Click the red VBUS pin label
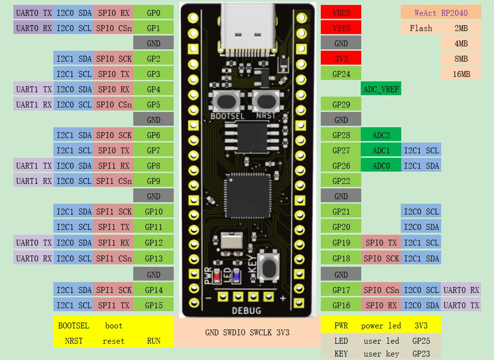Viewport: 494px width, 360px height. (341, 13)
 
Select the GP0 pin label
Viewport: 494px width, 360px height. (153, 13)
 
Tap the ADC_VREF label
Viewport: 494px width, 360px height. (381, 89)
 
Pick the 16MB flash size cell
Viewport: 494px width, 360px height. (461, 74)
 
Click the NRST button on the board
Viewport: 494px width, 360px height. (266, 102)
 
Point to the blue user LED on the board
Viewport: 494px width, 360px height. (236, 275)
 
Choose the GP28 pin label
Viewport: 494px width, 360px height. (341, 135)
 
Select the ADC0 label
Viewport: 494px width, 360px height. (381, 166)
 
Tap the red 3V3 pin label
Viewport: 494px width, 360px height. (341, 59)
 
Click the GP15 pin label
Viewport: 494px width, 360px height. (153, 305)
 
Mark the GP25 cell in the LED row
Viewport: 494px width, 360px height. (420, 341)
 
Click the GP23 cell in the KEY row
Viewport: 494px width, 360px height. (420, 354)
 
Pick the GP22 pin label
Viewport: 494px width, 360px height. (341, 181)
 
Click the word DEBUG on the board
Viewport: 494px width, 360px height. (247, 310)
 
